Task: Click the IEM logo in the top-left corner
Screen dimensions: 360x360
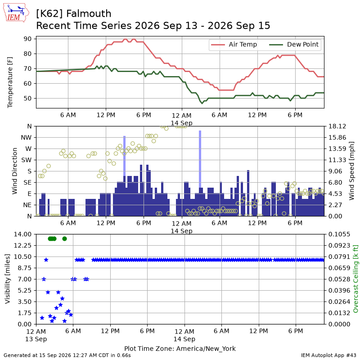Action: pyautogui.click(x=16, y=13)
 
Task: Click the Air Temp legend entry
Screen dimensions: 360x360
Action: pyautogui.click(x=234, y=45)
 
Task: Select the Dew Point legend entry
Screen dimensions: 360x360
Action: pyautogui.click(x=294, y=45)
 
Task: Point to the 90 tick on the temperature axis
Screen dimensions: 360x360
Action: pyautogui.click(x=27, y=39)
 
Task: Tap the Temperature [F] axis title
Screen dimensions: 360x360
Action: pyautogui.click(x=10, y=82)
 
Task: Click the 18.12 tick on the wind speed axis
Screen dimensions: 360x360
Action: pyautogui.click(x=337, y=126)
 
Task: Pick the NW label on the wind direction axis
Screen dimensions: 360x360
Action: pyautogui.click(x=26, y=138)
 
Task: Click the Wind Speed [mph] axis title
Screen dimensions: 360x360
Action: pyautogui.click(x=351, y=171)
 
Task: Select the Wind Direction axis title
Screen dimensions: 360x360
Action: pyautogui.click(x=15, y=171)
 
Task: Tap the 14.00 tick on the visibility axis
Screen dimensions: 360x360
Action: pyautogui.click(x=22, y=234)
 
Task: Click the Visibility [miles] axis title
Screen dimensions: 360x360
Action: pyautogui.click(x=8, y=279)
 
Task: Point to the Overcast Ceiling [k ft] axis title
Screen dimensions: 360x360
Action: pyautogui.click(x=355, y=279)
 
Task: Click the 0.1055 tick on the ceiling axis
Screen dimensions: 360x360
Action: pyautogui.click(x=339, y=234)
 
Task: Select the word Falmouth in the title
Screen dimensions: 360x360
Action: pyautogui.click(x=89, y=13)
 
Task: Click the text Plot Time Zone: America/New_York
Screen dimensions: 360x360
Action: pyautogui.click(x=180, y=348)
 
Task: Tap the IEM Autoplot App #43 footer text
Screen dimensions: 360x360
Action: pyautogui.click(x=328, y=355)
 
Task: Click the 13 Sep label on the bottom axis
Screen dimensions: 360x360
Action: pyautogui.click(x=36, y=339)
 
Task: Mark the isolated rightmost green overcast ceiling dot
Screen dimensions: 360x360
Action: pyautogui.click(x=64, y=239)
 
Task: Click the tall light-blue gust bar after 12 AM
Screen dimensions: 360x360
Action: pyautogui.click(x=200, y=159)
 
